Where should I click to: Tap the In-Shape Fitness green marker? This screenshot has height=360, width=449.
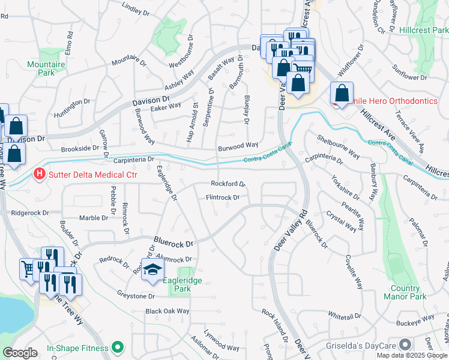[x=117, y=347]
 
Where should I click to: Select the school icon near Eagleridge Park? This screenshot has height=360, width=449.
[x=152, y=269]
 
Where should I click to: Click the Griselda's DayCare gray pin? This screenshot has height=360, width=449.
[x=405, y=345]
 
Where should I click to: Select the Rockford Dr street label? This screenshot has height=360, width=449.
[x=228, y=184]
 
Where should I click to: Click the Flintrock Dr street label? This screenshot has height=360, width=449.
[x=223, y=197]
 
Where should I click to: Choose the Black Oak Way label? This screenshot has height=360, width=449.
[x=167, y=311]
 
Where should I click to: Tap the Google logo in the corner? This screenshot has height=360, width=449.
[x=20, y=353]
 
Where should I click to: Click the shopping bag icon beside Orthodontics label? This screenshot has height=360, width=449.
[x=342, y=94]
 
